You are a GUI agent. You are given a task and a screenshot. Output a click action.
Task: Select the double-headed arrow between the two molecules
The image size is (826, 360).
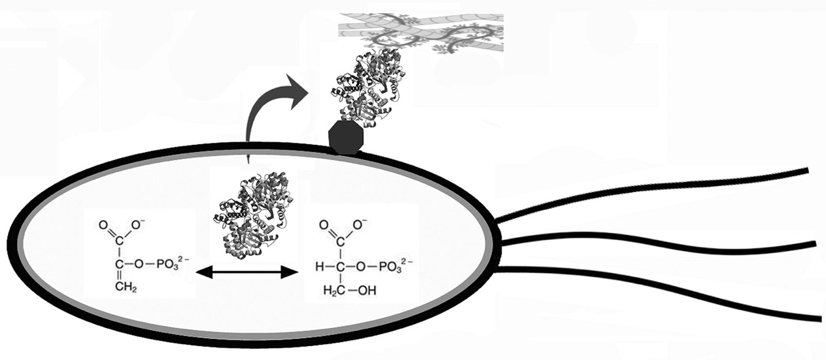pos(246,274)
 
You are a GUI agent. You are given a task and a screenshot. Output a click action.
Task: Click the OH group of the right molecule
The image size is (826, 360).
pos(366,291)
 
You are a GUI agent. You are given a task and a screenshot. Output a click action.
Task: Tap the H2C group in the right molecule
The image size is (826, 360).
pos(331,291)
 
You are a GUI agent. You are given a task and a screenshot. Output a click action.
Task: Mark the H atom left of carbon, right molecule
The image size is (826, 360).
pos(319,266)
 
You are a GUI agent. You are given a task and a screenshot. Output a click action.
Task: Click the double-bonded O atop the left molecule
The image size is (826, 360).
pos(103,226)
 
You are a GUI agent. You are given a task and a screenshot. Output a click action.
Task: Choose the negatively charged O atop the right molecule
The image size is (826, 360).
pos(359,225)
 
